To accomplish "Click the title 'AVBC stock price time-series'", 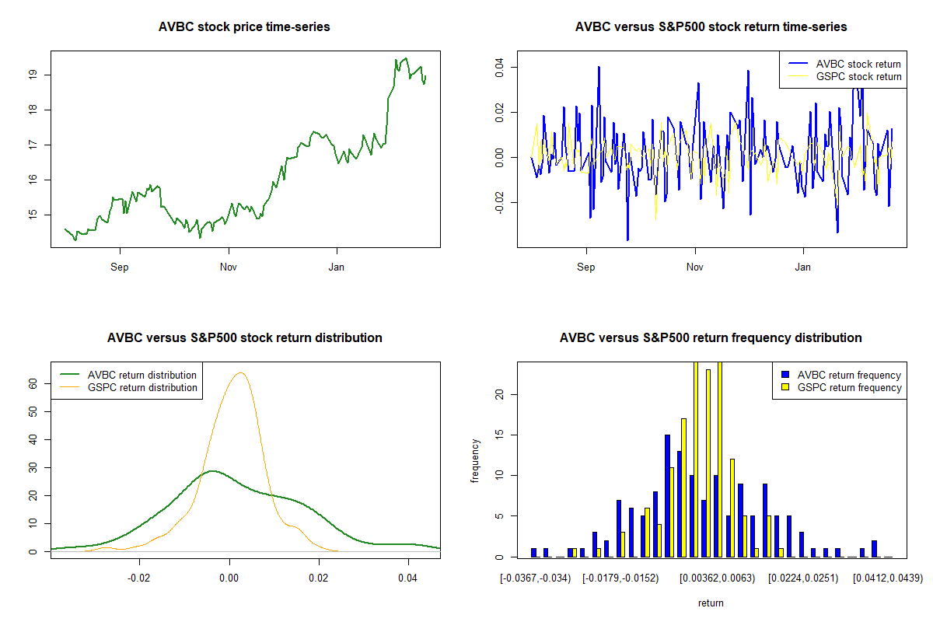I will click(244, 27).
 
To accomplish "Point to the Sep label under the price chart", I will click(120, 267).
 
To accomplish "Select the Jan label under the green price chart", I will click(337, 267).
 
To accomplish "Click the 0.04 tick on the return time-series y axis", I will click(498, 67).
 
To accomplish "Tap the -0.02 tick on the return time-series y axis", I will click(498, 202).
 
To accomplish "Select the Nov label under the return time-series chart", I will click(695, 267).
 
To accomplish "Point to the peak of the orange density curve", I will click(240, 373).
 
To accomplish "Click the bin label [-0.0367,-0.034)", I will click(536, 578).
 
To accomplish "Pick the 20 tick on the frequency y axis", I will click(498, 394).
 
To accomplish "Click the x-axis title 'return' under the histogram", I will click(711, 603).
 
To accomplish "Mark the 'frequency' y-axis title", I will click(475, 460).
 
